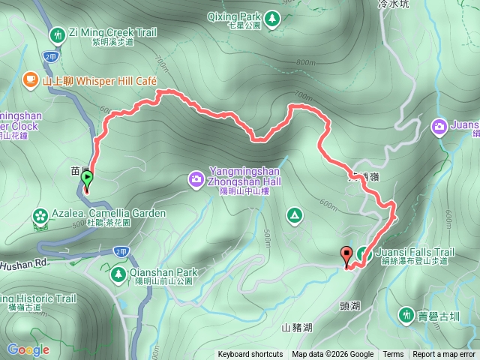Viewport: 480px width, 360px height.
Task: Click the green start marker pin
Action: tap(87, 181)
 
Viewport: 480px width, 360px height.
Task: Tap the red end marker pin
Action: tap(346, 256)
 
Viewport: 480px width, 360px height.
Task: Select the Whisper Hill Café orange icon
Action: tap(30, 77)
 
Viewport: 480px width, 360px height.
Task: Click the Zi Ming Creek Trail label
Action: tap(112, 32)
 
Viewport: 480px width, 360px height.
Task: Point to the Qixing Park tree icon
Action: tap(271, 16)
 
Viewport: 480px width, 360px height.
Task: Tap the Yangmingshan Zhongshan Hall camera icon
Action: tap(196, 179)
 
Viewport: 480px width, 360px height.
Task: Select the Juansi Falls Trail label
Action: tap(412, 252)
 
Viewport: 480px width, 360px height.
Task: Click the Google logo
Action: tap(28, 349)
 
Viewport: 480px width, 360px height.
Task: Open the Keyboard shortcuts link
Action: tap(250, 355)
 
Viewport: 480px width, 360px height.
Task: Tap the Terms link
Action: tap(393, 355)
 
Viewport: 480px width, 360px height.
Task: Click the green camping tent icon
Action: tap(295, 217)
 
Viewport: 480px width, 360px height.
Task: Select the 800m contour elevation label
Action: tap(305, 62)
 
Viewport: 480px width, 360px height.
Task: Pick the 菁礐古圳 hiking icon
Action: tap(407, 313)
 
